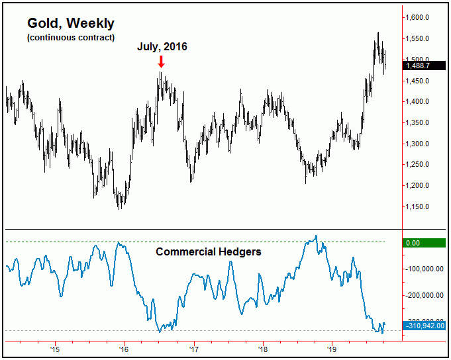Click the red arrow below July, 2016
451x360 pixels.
(x=161, y=62)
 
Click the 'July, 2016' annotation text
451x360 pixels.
(x=162, y=47)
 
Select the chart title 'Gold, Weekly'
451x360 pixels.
(x=71, y=23)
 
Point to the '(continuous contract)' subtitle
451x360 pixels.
(x=71, y=37)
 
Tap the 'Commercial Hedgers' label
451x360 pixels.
(x=209, y=252)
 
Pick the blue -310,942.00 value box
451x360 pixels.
(x=425, y=325)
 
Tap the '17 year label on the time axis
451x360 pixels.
(x=193, y=349)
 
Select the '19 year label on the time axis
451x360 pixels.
(x=331, y=349)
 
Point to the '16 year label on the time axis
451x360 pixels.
(x=124, y=349)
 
